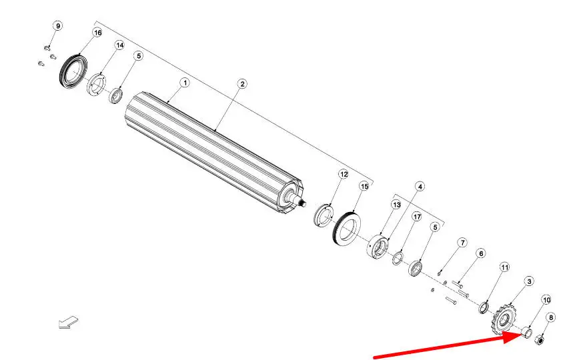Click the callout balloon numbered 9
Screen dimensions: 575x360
pos(57,26)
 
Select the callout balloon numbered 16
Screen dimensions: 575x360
pos(97,33)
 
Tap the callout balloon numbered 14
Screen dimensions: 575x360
pos(119,45)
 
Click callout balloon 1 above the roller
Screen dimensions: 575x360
pos(185,83)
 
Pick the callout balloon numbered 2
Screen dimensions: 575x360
pos(242,84)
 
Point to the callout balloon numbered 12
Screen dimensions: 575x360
pos(344,174)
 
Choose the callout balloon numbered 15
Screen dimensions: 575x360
pos(364,187)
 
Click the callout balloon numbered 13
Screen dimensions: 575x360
pos(396,205)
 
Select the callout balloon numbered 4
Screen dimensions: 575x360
pos(420,187)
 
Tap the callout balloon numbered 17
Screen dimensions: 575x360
pos(417,217)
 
